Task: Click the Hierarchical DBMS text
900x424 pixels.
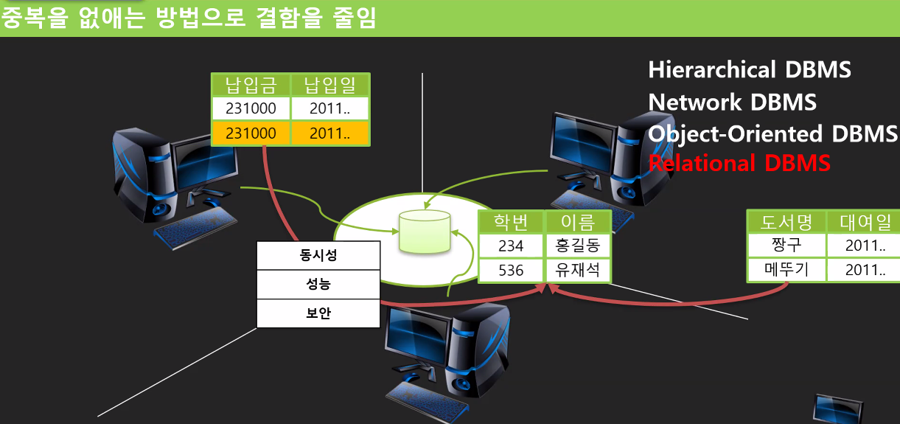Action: point(750,70)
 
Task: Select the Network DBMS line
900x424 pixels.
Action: point(732,102)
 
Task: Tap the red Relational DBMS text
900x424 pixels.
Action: point(739,163)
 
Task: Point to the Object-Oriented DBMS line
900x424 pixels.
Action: point(772,133)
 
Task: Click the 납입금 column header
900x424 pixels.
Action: point(251,85)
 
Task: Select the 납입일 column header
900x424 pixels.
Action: point(329,85)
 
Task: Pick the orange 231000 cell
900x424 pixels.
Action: point(251,133)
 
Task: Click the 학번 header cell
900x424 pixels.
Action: point(511,222)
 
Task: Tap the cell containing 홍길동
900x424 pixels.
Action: point(578,246)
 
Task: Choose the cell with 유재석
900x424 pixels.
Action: point(578,270)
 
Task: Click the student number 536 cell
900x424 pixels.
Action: point(511,270)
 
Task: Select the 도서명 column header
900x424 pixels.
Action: point(786,222)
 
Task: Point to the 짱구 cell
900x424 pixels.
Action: point(786,245)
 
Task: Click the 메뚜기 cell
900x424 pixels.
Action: point(786,270)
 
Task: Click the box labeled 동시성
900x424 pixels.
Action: point(318,255)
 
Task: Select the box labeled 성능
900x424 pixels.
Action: point(318,284)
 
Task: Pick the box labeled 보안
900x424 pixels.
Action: point(318,313)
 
